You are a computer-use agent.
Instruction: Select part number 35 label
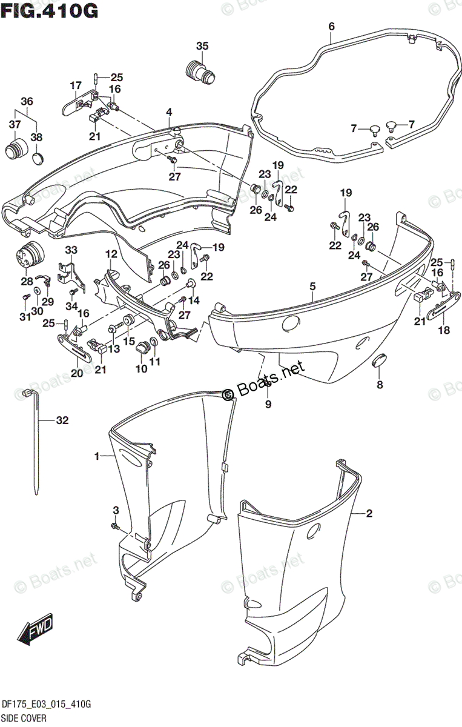pyautogui.click(x=202, y=46)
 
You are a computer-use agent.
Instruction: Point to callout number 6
pyautogui.click(x=331, y=26)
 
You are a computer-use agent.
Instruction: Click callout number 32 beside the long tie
pyautogui.click(x=62, y=419)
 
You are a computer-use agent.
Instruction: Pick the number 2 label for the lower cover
pyautogui.click(x=369, y=514)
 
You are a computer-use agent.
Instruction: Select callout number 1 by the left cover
pyautogui.click(x=97, y=456)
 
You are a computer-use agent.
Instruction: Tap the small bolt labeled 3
pyautogui.click(x=115, y=526)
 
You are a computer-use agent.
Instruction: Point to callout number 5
pyautogui.click(x=312, y=287)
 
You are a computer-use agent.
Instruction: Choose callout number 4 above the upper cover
pyautogui.click(x=169, y=112)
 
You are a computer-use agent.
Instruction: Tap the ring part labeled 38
pyautogui.click(x=37, y=159)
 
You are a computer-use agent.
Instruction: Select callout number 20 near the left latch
pyautogui.click(x=76, y=373)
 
